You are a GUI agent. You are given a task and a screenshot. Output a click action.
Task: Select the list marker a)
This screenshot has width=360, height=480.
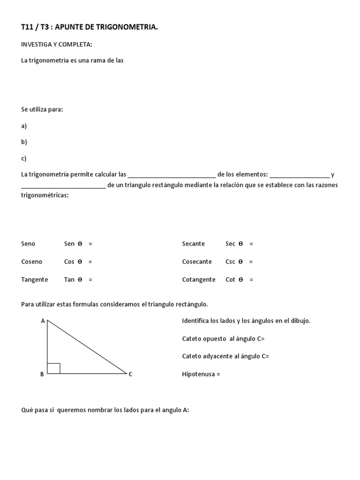pyautogui.click(x=24, y=126)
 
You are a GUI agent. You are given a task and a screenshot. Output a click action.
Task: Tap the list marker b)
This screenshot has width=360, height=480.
pyautogui.click(x=24, y=142)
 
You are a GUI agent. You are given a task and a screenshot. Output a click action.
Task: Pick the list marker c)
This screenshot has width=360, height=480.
pyautogui.click(x=24, y=158)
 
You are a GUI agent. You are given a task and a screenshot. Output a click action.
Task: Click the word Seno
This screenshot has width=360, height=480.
pyautogui.click(x=28, y=244)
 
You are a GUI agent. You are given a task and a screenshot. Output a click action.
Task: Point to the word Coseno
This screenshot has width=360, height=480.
pyautogui.click(x=31, y=262)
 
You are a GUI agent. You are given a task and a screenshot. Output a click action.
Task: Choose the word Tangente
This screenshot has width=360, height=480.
pyautogui.click(x=34, y=279)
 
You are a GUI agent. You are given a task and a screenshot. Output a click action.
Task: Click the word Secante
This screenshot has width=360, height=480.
pyautogui.click(x=193, y=244)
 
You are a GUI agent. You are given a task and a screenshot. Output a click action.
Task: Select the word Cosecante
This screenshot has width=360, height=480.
pyautogui.click(x=197, y=262)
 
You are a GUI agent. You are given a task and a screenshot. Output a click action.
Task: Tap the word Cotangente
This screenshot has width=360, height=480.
pyautogui.click(x=199, y=279)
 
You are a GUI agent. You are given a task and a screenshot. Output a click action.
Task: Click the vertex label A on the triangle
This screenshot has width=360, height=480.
pyautogui.click(x=43, y=321)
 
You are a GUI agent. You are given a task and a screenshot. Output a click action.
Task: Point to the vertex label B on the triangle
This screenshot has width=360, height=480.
pyautogui.click(x=42, y=374)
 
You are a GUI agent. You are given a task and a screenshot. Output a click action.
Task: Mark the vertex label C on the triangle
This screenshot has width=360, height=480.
pyautogui.click(x=130, y=374)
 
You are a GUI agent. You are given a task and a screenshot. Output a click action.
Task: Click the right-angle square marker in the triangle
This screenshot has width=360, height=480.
pyautogui.click(x=53, y=368)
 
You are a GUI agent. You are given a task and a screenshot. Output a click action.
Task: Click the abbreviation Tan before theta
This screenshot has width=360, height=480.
pyautogui.click(x=69, y=279)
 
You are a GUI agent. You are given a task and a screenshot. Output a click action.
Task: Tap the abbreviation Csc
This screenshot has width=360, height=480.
pyautogui.click(x=230, y=262)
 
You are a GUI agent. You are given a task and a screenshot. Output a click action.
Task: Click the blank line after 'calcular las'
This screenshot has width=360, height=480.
pyautogui.click(x=172, y=175)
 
